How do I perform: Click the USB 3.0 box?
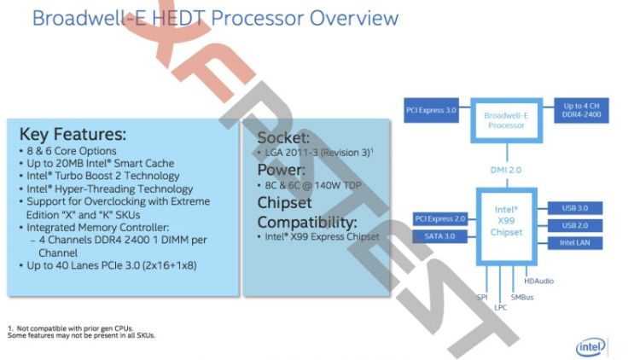(576, 208)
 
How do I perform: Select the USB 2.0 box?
(576, 225)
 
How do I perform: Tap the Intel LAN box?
(576, 243)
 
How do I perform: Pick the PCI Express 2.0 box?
(440, 219)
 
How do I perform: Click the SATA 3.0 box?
(440, 236)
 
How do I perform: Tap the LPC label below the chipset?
(501, 307)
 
